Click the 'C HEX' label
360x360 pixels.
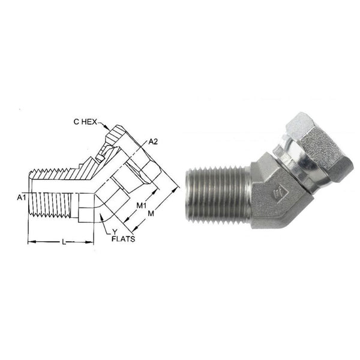point(86,121)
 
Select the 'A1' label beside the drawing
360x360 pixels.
point(22,196)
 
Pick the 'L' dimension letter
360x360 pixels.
point(64,241)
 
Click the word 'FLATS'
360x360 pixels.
point(121,238)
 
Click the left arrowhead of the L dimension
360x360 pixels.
point(31,241)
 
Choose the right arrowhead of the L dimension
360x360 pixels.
point(94,241)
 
